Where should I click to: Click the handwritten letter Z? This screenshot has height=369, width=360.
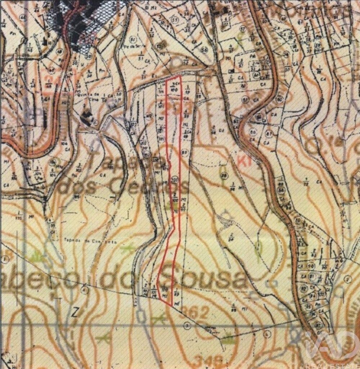click(x=75, y=312)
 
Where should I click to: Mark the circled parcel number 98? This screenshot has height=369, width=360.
click(x=224, y=175)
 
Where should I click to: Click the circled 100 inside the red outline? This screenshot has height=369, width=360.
click(x=175, y=179)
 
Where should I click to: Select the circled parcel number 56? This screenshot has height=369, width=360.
click(x=205, y=49)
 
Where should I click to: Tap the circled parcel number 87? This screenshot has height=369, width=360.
click(x=269, y=133)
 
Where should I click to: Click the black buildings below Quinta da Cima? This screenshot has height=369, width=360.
click(x=86, y=117)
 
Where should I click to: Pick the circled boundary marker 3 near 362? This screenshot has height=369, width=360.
click(x=186, y=325)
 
